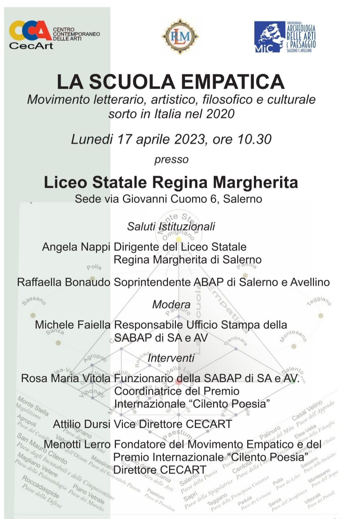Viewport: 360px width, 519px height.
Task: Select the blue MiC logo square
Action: [x=269, y=37]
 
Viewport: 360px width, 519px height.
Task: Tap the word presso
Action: [x=171, y=160]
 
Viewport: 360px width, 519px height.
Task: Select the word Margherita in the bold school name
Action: [x=255, y=182]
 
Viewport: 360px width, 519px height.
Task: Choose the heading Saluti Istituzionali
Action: [x=171, y=226]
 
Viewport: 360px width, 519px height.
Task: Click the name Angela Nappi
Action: [x=76, y=247]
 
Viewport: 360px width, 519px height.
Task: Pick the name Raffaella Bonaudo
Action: [x=64, y=282]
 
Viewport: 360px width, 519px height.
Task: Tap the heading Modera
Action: [x=171, y=304]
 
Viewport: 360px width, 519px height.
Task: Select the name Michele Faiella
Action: [x=72, y=325]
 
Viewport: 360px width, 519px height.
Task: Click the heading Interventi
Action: [x=171, y=358]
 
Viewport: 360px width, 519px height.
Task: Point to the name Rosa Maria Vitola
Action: [x=66, y=378]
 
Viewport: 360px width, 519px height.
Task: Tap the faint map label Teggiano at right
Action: [x=319, y=301]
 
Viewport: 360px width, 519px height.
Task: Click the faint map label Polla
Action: [x=94, y=267]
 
